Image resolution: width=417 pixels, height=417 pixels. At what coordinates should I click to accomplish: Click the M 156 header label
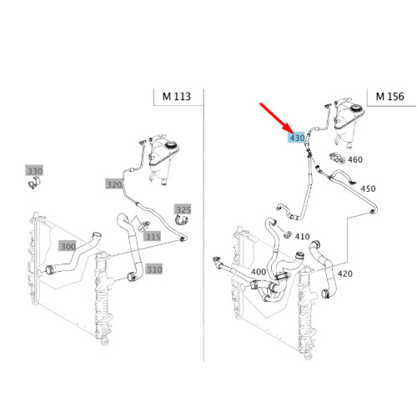pyautogui.click(x=390, y=97)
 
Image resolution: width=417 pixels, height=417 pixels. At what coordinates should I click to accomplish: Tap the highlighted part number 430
pyautogui.click(x=296, y=138)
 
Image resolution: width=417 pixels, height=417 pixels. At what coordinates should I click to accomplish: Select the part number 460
pyautogui.click(x=354, y=159)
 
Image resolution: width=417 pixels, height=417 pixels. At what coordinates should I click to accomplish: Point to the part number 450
pyautogui.click(x=368, y=188)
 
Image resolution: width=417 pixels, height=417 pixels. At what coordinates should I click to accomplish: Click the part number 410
pyautogui.click(x=302, y=236)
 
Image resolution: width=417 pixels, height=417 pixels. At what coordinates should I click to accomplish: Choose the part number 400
pyautogui.click(x=259, y=272)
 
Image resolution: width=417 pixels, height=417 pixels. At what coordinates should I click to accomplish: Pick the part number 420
pyautogui.click(x=345, y=274)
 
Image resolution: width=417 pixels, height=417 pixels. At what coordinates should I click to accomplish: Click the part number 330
pyautogui.click(x=34, y=171)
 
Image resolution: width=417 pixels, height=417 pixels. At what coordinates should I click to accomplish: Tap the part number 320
pyautogui.click(x=113, y=184)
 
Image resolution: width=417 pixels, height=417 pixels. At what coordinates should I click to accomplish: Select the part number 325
pyautogui.click(x=183, y=208)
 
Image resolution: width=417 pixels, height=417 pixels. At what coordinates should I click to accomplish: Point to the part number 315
pyautogui.click(x=152, y=237)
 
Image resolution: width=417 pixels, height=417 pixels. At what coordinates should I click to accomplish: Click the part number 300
pyautogui.click(x=68, y=247)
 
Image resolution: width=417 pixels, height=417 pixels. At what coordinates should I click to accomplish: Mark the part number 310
pyautogui.click(x=153, y=269)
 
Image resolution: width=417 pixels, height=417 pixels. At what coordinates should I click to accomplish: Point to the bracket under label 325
pyautogui.click(x=182, y=221)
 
